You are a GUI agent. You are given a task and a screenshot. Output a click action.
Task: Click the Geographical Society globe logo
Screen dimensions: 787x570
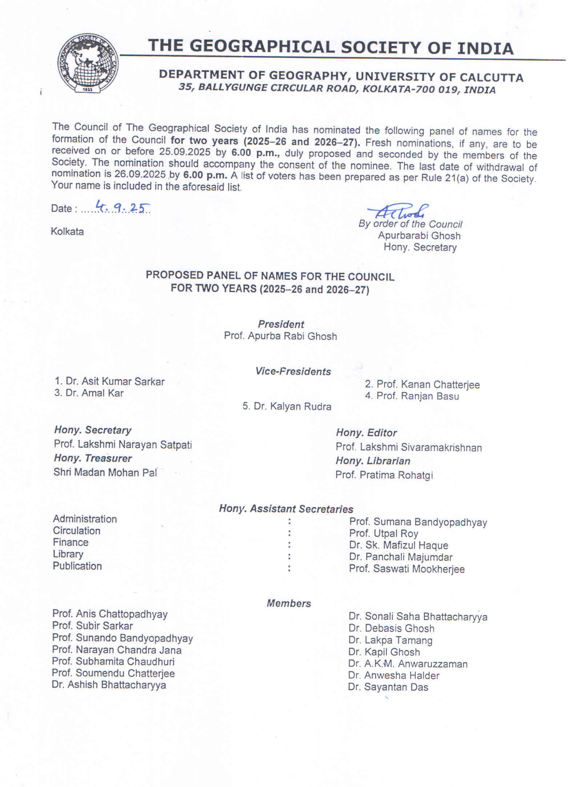88,63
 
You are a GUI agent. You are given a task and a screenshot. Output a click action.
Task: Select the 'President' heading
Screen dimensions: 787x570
281,324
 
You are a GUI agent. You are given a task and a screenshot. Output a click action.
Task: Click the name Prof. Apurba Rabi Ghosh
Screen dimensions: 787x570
280,336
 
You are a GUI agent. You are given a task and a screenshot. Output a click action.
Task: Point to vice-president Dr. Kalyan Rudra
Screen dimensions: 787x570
287,406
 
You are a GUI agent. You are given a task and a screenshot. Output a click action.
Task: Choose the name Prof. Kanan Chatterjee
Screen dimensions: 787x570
422,384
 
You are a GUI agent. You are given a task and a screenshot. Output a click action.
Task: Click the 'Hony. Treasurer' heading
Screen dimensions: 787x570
93,458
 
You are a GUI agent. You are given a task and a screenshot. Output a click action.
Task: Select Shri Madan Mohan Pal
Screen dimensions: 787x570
105,472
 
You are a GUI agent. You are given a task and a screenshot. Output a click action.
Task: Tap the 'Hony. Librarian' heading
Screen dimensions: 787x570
373,461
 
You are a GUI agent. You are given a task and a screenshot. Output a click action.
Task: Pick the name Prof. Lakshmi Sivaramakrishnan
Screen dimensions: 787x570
409,447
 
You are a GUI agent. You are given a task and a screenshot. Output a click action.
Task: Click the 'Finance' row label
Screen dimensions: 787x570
71,542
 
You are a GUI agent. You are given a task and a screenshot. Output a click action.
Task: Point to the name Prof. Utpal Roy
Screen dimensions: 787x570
384,534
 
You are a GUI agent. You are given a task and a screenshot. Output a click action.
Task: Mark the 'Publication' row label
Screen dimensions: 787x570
77,566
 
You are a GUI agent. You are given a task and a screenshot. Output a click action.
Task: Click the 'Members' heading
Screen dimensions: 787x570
289,604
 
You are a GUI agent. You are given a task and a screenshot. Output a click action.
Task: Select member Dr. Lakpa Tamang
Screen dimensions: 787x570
390,640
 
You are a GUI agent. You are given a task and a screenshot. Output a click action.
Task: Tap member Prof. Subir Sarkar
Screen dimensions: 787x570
92,626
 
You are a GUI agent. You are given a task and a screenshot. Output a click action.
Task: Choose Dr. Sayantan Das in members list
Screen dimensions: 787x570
388,687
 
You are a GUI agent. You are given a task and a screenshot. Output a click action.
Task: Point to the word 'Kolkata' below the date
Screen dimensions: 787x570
67,232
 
